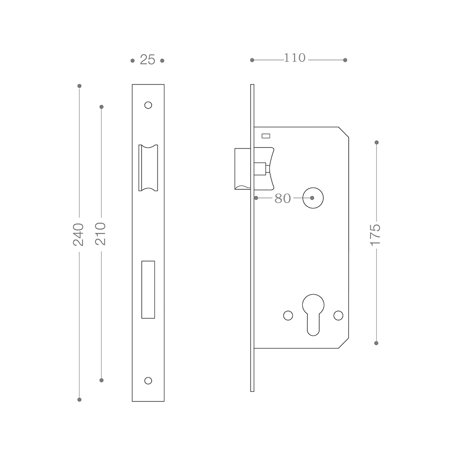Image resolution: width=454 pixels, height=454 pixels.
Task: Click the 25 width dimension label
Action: [x=148, y=60]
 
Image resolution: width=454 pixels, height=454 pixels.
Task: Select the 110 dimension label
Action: [x=295, y=58]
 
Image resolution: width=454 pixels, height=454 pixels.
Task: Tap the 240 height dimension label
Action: [x=78, y=235]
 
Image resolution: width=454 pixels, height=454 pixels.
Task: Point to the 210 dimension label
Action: [x=100, y=234]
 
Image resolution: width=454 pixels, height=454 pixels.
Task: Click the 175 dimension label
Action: [x=375, y=235]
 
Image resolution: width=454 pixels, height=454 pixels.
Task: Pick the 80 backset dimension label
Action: [x=282, y=198]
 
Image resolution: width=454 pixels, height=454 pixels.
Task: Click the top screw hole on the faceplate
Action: [x=148, y=105]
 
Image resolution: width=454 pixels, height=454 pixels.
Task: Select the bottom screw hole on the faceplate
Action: [x=148, y=380]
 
